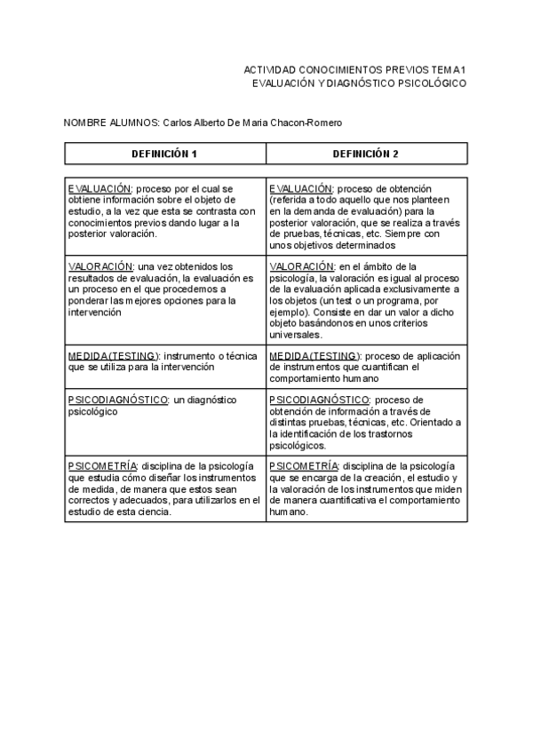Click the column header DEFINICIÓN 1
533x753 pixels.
point(164,154)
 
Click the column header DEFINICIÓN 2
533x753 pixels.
point(365,154)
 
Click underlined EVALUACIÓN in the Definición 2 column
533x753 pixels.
point(301,189)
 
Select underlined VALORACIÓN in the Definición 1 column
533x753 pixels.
point(99,266)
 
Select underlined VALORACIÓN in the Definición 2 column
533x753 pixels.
point(301,266)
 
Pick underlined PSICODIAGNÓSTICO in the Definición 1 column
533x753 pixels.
point(116,400)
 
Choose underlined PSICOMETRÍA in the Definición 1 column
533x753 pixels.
point(102,466)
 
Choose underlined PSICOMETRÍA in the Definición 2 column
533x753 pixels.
point(303,466)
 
